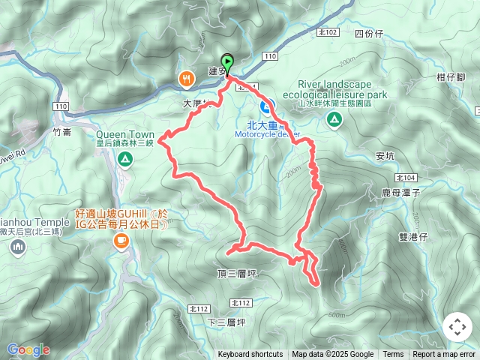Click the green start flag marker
coord(226,63)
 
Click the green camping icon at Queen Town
coord(125,159)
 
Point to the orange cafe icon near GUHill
coord(121,241)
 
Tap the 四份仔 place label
coord(368,34)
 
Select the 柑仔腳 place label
coord(450,76)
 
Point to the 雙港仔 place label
coord(412,236)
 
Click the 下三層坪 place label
coord(226,322)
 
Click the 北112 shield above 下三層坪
coord(241,303)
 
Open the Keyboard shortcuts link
coord(250,355)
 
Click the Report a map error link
coord(444,355)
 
